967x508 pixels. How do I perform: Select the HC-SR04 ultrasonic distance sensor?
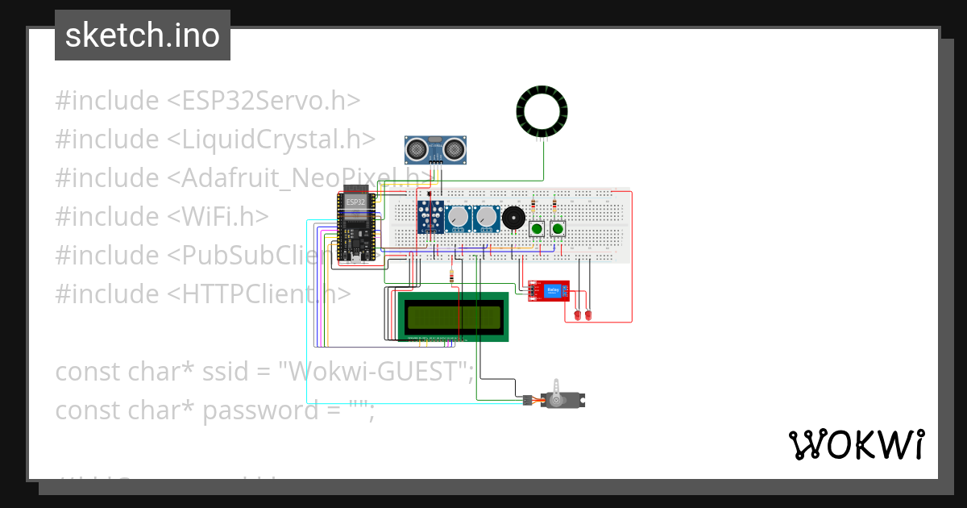click(x=435, y=149)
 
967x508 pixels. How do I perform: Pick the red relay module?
click(x=549, y=291)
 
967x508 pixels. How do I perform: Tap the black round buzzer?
click(x=512, y=218)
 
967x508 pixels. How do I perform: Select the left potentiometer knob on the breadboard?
click(x=459, y=218)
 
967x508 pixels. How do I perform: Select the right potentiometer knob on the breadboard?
click(x=486, y=218)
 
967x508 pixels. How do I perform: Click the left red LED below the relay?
click(x=577, y=314)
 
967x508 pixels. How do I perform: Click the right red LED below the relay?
click(x=588, y=314)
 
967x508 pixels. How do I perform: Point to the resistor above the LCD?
click(x=452, y=277)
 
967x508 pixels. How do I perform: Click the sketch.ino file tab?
click(x=142, y=35)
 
